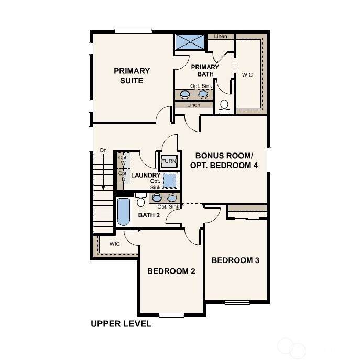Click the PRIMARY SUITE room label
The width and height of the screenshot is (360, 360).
pyautogui.click(x=132, y=75)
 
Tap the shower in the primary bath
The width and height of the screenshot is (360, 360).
pyautogui.click(x=190, y=42)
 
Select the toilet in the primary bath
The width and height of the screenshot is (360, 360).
pyautogui.click(x=224, y=107)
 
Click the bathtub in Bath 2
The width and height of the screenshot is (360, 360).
pyautogui.click(x=124, y=212)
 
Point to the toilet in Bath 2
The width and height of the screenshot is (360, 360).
pyautogui.click(x=140, y=200)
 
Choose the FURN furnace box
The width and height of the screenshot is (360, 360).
pyautogui.click(x=169, y=161)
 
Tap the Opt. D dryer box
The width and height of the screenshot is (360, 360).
pyautogui.click(x=124, y=176)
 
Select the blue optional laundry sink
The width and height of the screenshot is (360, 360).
pyautogui.click(x=170, y=180)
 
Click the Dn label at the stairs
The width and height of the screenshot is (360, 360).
pyautogui.click(x=103, y=150)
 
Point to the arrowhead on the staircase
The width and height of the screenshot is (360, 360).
pyautogui.click(x=103, y=188)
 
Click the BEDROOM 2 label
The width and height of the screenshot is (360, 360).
pyautogui.click(x=171, y=271)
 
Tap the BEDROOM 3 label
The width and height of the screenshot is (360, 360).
pyautogui.click(x=235, y=260)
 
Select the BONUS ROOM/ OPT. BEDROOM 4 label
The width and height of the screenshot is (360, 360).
pyautogui.click(x=224, y=160)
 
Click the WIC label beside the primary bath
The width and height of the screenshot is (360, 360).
pyautogui.click(x=247, y=75)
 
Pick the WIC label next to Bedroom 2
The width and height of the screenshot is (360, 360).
pyautogui.click(x=115, y=244)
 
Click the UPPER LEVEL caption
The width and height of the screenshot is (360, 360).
pyautogui.click(x=121, y=324)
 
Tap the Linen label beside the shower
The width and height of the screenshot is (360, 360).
pyautogui.click(x=221, y=36)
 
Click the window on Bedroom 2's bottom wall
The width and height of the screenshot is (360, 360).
pyautogui.click(x=171, y=315)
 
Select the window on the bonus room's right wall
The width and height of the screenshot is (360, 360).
pyautogui.click(x=269, y=160)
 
